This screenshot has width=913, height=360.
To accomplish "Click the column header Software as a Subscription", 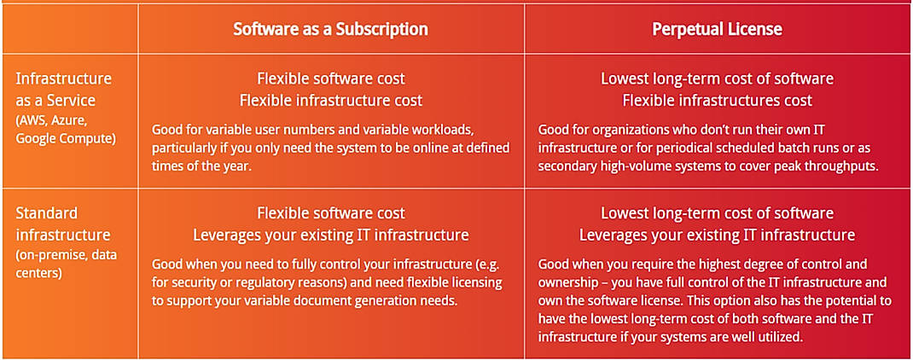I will point(330,29).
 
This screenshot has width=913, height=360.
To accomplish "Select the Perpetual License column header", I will point(717,29).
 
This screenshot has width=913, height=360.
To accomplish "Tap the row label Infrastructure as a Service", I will point(63,89).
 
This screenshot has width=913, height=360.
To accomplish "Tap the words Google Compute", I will point(64,136).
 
